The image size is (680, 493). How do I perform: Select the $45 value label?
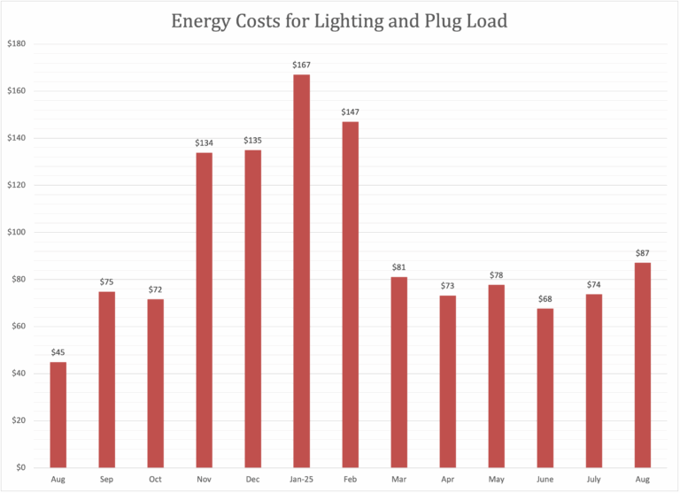point(58,352)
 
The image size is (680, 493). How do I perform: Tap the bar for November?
point(204,310)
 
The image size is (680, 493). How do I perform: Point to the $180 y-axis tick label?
point(17,43)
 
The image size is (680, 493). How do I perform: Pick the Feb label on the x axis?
point(350,479)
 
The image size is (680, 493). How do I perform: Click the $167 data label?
point(301,65)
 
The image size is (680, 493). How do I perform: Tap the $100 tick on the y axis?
point(17,232)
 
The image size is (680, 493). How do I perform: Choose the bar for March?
point(398,372)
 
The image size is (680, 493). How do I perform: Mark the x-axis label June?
point(545,479)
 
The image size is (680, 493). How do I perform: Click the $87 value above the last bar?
point(642,253)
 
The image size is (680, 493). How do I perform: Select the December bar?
point(252,309)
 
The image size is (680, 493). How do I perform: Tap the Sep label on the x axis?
point(106,479)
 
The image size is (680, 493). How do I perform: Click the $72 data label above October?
point(155,289)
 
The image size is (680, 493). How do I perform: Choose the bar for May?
point(496,376)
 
